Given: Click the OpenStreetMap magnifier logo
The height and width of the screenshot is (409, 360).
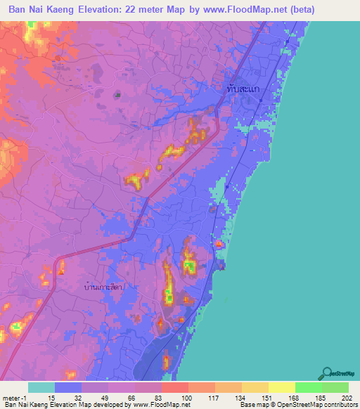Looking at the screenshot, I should [x=326, y=373].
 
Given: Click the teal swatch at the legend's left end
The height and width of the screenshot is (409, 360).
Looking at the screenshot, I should [x=41, y=387].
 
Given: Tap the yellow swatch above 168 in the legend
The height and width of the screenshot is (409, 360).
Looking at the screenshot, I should [x=281, y=387].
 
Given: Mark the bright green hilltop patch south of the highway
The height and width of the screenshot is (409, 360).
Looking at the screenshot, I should [x=189, y=266].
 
